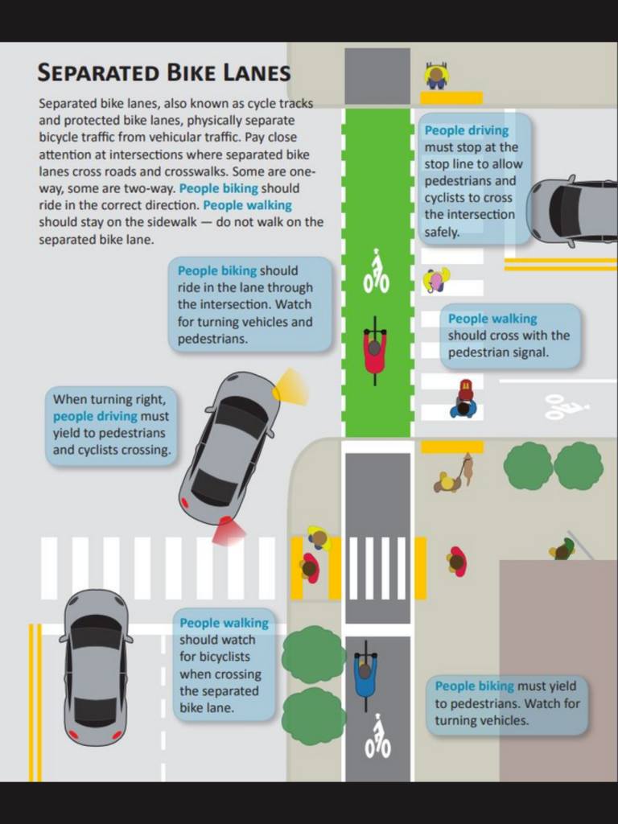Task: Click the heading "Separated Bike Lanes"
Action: click(163, 72)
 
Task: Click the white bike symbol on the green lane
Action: click(377, 271)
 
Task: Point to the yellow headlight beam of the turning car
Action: click(290, 387)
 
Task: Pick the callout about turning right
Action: click(111, 426)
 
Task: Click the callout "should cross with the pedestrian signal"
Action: click(509, 336)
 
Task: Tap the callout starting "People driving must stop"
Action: click(475, 179)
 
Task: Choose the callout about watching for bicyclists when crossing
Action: click(225, 664)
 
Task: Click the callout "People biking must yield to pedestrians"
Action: click(507, 703)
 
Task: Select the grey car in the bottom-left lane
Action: click(96, 667)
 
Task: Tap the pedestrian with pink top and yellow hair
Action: click(436, 280)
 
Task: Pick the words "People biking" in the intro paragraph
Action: click(219, 188)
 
